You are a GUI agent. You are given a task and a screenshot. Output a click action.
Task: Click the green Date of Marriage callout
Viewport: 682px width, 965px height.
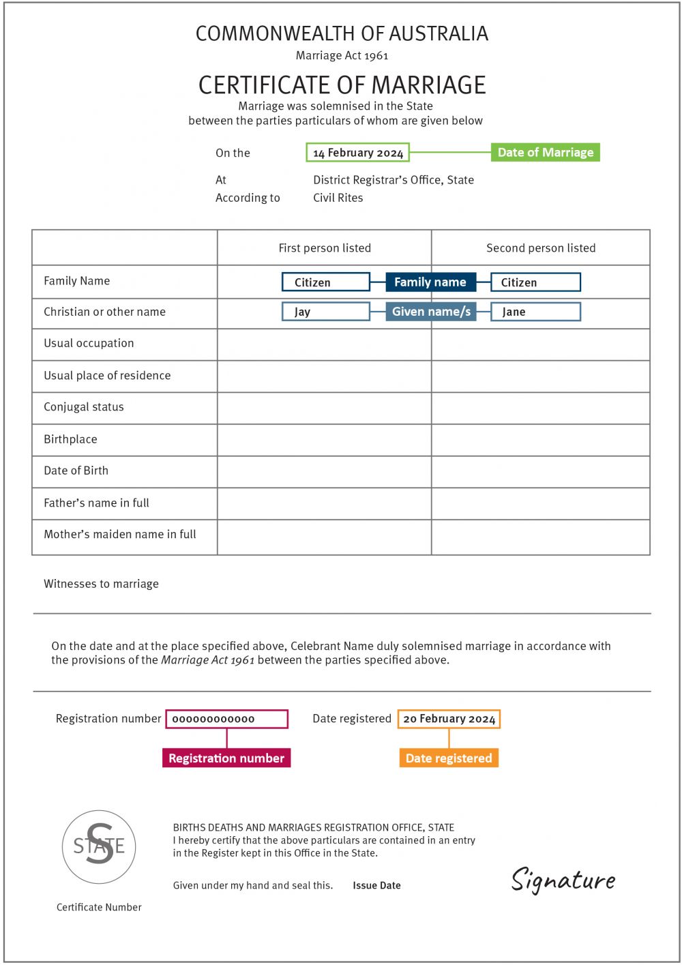pos(545,152)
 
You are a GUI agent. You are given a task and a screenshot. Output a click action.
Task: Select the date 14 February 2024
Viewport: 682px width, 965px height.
pos(357,153)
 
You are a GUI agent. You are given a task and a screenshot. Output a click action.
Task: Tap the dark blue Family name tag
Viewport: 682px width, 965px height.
pos(430,282)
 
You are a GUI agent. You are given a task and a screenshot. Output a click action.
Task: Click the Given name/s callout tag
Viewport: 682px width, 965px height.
pos(431,312)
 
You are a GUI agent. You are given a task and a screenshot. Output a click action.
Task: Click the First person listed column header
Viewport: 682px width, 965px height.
pos(325,248)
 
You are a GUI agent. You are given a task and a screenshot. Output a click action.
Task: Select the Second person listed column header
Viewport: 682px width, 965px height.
pos(541,248)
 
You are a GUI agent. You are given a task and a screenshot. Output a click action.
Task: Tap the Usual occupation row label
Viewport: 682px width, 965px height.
pos(89,343)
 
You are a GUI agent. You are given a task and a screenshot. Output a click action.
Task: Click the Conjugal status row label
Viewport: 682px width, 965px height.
pos(84,407)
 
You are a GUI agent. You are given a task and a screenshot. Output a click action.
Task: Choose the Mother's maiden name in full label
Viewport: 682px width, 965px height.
pos(120,535)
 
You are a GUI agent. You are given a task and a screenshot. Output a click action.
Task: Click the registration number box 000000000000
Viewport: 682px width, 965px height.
pos(226,719)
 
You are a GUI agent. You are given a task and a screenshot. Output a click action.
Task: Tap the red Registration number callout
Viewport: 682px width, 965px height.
pos(226,758)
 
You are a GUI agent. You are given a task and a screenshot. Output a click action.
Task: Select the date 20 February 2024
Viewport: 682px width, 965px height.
pos(449,719)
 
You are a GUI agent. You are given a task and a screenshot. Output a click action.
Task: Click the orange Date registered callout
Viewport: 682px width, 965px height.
pos(449,758)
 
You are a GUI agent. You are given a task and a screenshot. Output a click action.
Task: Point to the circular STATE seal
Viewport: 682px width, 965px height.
pos(99,847)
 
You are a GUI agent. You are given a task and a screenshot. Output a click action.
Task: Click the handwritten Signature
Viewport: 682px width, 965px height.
pos(563,880)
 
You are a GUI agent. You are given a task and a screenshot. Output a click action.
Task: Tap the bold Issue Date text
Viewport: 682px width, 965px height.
pos(376,886)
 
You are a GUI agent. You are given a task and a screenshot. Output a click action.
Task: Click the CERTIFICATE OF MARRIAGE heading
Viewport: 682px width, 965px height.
pos(342,85)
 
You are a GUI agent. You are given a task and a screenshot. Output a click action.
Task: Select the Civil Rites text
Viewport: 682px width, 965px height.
pos(338,198)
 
